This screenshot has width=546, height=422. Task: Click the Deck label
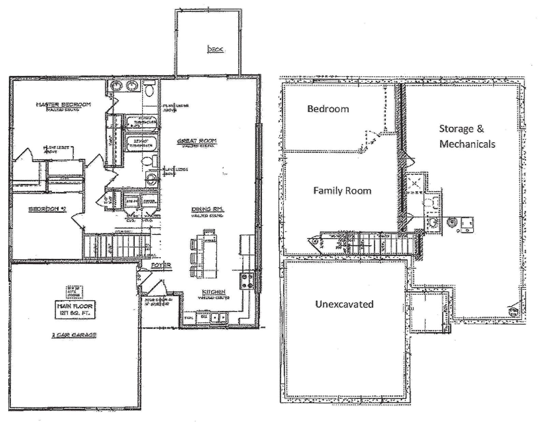216,49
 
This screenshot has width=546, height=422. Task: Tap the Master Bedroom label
63,104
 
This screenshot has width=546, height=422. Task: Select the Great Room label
197,141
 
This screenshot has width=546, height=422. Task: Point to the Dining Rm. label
207,209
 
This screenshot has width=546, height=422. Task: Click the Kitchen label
214,292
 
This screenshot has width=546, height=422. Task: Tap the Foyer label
161,265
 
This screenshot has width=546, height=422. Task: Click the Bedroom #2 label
47,209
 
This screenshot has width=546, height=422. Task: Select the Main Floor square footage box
75,309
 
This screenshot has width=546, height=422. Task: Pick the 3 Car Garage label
74,335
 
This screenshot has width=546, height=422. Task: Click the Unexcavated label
344,304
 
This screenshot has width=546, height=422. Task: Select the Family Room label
342,190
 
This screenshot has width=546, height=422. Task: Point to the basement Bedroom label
328,109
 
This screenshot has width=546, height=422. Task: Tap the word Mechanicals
467,144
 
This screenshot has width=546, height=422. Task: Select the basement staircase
369,243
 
